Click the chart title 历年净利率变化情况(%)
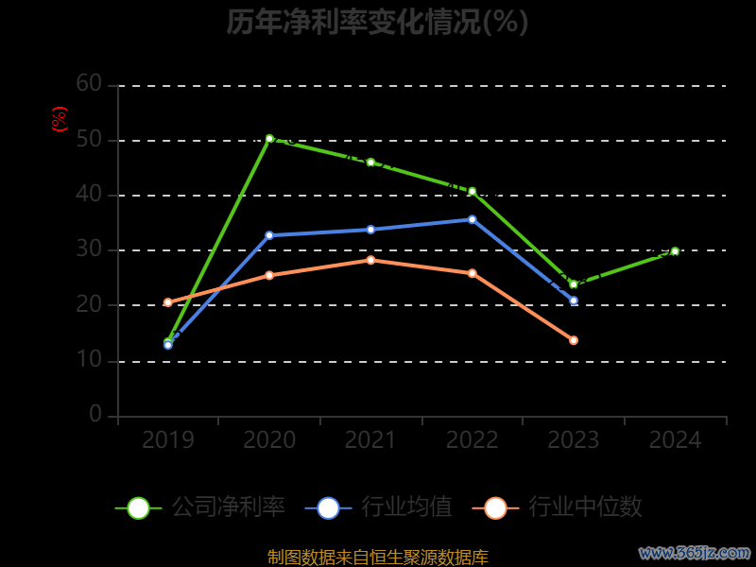tap(377, 22)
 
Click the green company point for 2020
tap(269, 139)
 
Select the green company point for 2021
tap(370, 163)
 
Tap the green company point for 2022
tap(472, 191)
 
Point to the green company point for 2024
tap(675, 251)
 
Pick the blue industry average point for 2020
tap(269, 235)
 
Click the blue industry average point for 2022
tap(472, 219)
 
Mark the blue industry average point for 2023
tap(574, 301)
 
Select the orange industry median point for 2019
tap(168, 302)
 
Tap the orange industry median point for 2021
tap(370, 260)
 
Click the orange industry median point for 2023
tap(574, 340)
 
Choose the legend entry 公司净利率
tap(200, 507)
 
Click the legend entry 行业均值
tap(379, 507)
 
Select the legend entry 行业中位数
tap(563, 507)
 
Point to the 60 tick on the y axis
tap(89, 84)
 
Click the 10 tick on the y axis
tap(89, 360)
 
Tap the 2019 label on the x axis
tap(168, 440)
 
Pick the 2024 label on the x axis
tap(675, 440)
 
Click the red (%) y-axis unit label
tap(60, 119)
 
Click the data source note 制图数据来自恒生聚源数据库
tap(378, 558)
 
